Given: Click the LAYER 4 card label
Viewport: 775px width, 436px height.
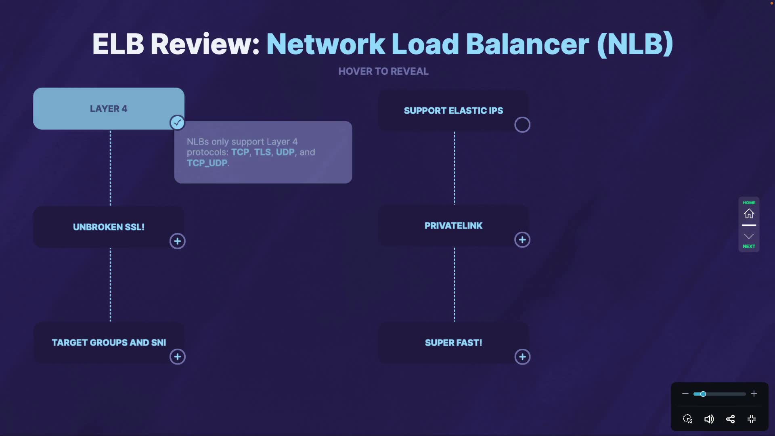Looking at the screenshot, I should (109, 109).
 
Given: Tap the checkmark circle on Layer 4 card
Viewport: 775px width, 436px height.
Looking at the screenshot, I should (177, 122).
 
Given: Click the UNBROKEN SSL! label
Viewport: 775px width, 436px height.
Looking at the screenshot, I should (109, 227).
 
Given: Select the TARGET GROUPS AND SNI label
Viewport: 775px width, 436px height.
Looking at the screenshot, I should (109, 342).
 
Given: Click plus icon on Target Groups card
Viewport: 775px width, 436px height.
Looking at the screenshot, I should (177, 356).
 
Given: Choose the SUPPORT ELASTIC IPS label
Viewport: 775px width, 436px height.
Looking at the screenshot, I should (453, 111).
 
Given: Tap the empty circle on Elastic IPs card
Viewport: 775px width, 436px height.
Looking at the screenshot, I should (522, 125).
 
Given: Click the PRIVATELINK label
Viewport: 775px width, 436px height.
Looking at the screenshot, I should (453, 226).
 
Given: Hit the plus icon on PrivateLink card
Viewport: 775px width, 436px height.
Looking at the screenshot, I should (522, 240).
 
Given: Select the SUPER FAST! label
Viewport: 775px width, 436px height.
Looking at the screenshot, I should (453, 343).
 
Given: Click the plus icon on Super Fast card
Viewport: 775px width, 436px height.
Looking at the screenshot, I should (522, 357).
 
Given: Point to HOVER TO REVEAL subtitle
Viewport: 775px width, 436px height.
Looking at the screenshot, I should (383, 71).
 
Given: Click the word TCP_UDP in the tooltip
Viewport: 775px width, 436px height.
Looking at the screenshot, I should (207, 163).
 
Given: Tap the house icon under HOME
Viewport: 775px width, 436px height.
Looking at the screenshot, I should (749, 214).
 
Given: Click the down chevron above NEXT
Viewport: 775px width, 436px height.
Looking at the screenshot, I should (749, 236).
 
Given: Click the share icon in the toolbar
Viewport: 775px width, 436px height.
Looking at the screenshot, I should (730, 419).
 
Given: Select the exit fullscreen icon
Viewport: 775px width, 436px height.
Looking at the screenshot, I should (752, 419).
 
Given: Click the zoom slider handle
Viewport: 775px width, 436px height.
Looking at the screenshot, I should (703, 394).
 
